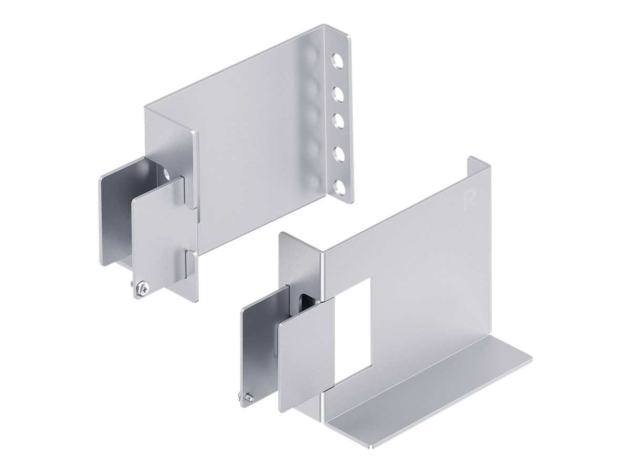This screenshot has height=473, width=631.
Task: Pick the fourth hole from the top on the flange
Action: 339,154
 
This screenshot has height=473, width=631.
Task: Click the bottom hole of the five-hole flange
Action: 339,186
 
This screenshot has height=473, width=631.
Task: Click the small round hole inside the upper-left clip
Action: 167,172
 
